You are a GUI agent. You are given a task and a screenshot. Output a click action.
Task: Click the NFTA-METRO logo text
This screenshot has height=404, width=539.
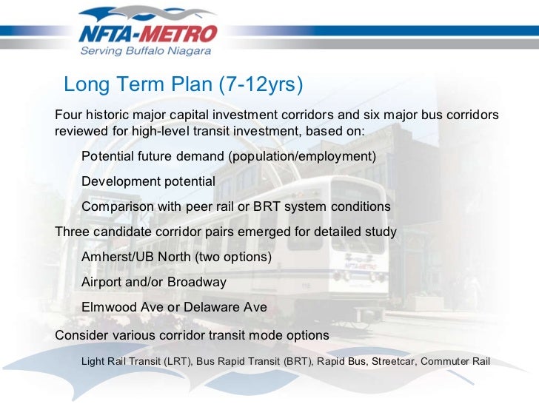[148, 33]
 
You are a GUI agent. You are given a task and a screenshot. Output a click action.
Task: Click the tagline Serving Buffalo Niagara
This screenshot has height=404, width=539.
[146, 51]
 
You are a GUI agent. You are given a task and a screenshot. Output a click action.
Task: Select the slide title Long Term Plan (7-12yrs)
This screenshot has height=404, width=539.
[184, 85]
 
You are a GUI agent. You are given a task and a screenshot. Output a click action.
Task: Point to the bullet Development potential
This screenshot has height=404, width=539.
[148, 181]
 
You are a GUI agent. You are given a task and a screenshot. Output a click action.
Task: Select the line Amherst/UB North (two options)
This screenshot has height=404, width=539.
[176, 257]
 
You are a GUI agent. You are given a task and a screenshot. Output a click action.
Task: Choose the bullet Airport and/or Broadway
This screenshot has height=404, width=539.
[153, 282]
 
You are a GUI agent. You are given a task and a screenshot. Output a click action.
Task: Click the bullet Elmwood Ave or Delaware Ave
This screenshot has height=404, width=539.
[174, 307]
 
